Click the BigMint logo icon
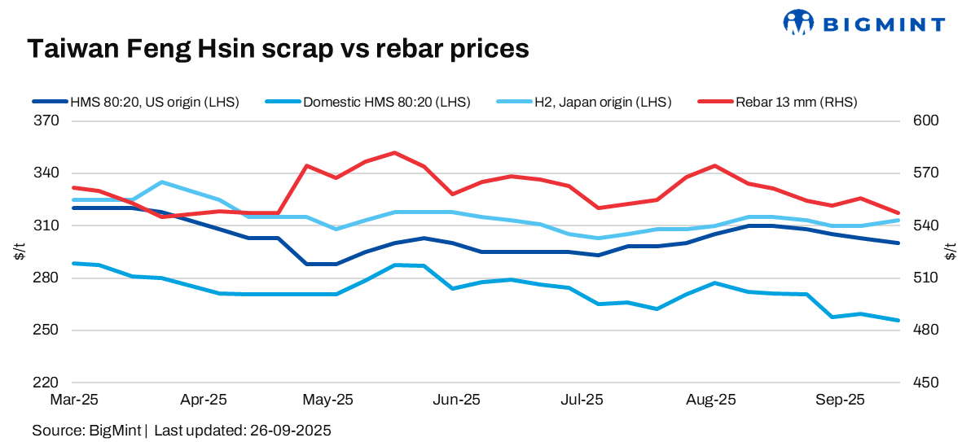798,23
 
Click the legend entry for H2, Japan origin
602,102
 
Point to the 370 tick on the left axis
47,120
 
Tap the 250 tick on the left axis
47,330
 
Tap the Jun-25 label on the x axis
457,400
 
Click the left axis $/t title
20,252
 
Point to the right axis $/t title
951,252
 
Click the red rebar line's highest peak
394,152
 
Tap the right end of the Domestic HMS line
898,320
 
